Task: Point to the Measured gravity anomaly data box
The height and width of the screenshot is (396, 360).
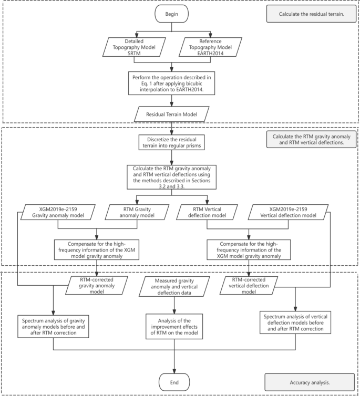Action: pos(173,288)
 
